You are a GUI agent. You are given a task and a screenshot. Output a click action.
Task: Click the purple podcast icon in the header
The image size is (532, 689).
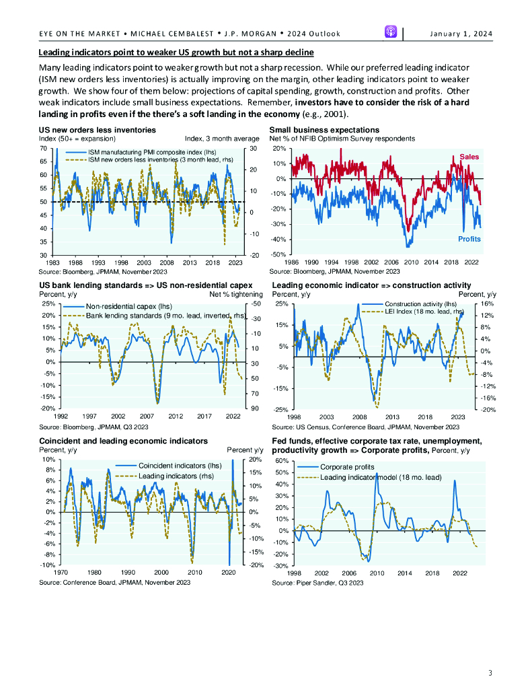[x=391, y=32]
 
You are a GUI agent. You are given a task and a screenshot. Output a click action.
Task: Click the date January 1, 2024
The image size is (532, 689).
[x=460, y=34]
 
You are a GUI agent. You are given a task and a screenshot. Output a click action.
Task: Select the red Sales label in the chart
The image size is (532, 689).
[x=469, y=157]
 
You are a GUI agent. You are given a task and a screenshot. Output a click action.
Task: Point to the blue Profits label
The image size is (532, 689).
[x=469, y=239]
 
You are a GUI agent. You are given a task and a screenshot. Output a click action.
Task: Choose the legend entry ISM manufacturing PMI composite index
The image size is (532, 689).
[x=139, y=153]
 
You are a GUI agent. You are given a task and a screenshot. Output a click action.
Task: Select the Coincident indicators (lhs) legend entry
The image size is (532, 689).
[x=179, y=466]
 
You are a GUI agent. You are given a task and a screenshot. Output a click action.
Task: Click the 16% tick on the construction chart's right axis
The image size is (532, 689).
[x=487, y=304]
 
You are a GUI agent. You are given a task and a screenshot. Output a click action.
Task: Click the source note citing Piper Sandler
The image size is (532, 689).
[x=317, y=583]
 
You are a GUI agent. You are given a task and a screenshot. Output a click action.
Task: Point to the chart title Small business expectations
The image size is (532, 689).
[x=324, y=130]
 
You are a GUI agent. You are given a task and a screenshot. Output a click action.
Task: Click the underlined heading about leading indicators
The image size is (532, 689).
[x=176, y=52]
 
